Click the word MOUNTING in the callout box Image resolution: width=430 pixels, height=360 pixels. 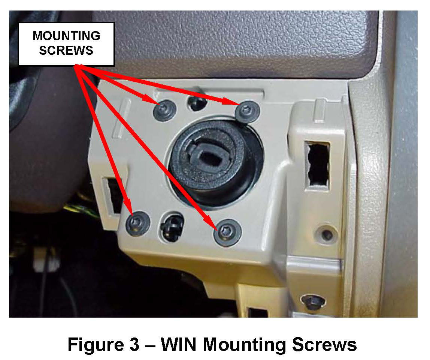66,36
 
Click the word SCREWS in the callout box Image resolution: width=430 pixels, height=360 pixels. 66,50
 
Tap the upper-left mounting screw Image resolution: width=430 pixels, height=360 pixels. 165,110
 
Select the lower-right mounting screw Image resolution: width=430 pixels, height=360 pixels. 228,232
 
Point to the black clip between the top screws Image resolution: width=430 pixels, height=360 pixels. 197,102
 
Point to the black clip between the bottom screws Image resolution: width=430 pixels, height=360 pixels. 172,225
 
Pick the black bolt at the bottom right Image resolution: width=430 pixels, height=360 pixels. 313,303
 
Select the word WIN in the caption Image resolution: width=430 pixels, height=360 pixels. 179,344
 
